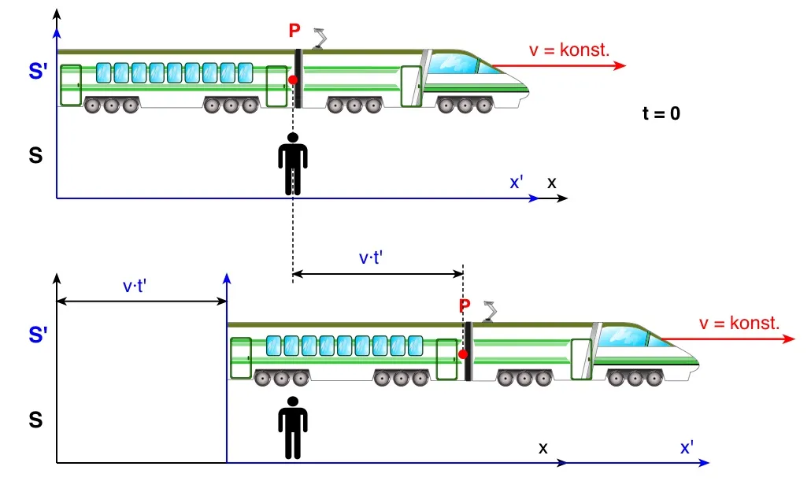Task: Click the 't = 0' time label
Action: pyautogui.click(x=661, y=113)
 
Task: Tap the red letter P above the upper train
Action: pyautogui.click(x=294, y=31)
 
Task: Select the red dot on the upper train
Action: pyautogui.click(x=293, y=80)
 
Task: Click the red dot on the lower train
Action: pyautogui.click(x=463, y=354)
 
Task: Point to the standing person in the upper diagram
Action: pyautogui.click(x=293, y=164)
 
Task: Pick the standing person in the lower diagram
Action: pyautogui.click(x=293, y=428)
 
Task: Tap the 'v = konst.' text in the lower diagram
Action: pyautogui.click(x=739, y=324)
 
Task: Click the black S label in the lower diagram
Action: pyautogui.click(x=35, y=420)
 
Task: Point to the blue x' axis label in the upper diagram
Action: pyautogui.click(x=517, y=183)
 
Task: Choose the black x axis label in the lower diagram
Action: pyautogui.click(x=543, y=448)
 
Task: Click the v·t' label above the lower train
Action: pyautogui.click(x=370, y=258)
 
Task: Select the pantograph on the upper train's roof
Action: pyautogui.click(x=320, y=37)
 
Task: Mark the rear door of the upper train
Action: pyautogui.click(x=70, y=84)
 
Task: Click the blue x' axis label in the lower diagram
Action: pyautogui.click(x=687, y=448)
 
